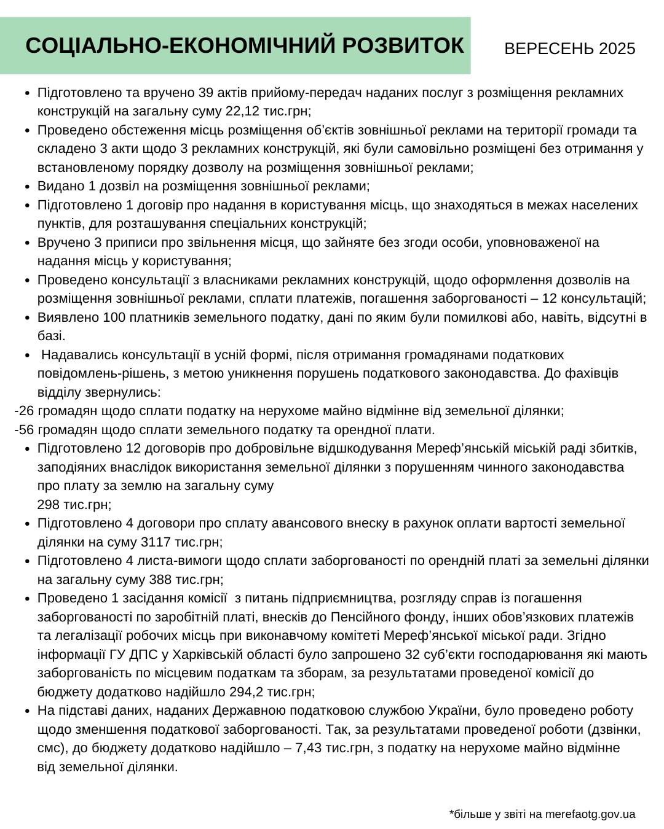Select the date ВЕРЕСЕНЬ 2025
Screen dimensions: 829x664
pyautogui.click(x=569, y=49)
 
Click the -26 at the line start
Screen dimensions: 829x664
pyautogui.click(x=25, y=411)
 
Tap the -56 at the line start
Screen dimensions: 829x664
pyautogui.click(x=25, y=429)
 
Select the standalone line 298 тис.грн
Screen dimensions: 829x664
pyautogui.click(x=74, y=504)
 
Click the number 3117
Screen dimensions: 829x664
pyautogui.click(x=156, y=542)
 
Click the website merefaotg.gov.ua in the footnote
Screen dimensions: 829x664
pyautogui.click(x=591, y=814)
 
